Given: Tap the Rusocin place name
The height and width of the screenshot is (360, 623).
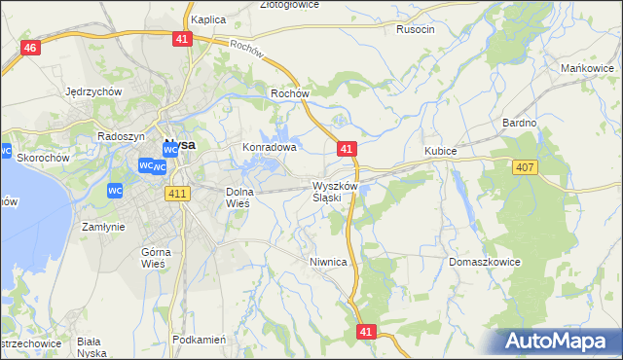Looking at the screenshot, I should [x=416, y=29].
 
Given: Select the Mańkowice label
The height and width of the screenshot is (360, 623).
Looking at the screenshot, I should [x=585, y=68].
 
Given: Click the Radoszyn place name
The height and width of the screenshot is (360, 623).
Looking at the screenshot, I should [x=122, y=137].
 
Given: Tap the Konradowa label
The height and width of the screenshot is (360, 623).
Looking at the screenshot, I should [x=269, y=148].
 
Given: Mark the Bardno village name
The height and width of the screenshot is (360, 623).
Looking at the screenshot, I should [x=520, y=124].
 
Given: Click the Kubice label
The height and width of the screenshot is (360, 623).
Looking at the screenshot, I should [x=441, y=152].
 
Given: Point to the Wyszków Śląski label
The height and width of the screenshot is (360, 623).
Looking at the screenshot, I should [x=336, y=191].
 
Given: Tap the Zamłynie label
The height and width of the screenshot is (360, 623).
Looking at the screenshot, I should [x=103, y=226].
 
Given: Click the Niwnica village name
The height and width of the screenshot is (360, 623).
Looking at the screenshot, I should [x=328, y=262].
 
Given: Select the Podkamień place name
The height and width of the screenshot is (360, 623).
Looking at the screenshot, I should [x=199, y=340].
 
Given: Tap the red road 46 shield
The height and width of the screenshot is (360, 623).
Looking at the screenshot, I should [x=31, y=49].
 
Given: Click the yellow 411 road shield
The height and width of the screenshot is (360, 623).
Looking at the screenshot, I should [x=176, y=195].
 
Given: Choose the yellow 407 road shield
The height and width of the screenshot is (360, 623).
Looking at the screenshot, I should [x=524, y=167].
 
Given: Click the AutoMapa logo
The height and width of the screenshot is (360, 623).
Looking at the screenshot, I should [x=562, y=341].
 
